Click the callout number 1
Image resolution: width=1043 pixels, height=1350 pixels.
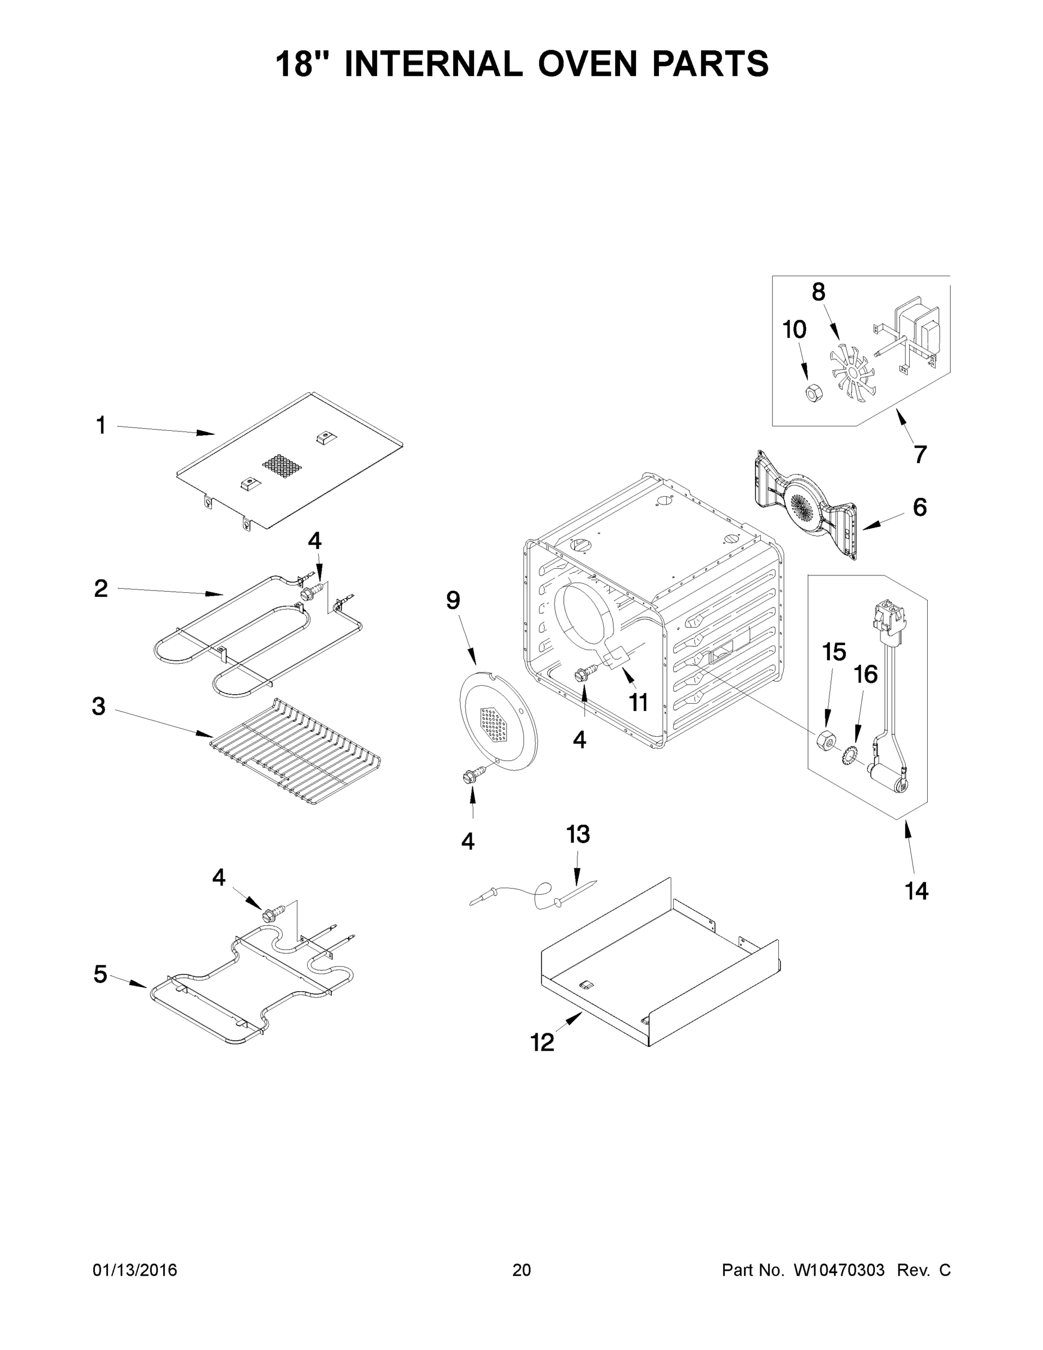[101, 426]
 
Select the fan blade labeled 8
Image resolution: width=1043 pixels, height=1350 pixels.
[850, 371]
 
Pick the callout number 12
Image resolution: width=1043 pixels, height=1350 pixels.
[543, 1043]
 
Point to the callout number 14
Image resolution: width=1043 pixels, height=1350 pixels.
[916, 891]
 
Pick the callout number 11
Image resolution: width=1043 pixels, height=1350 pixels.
[638, 702]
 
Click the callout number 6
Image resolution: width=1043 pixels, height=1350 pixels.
[919, 507]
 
